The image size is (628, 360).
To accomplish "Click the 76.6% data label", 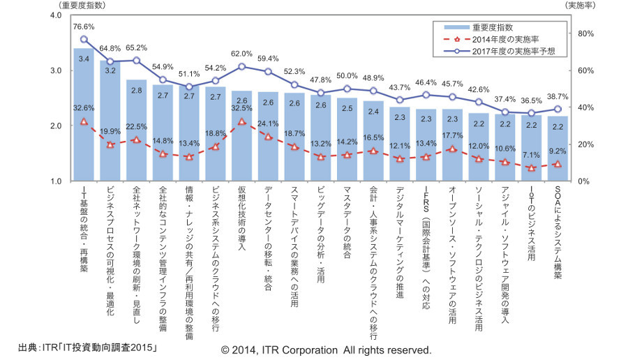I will [x=84, y=27].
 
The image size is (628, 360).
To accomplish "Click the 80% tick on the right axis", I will [x=585, y=33].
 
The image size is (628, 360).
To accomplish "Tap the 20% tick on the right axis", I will [x=585, y=144].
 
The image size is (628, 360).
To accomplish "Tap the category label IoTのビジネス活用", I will [x=532, y=223].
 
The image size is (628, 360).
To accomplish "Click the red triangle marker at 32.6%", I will [x=84, y=121].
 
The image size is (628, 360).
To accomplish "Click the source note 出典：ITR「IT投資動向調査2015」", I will [x=87, y=347].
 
